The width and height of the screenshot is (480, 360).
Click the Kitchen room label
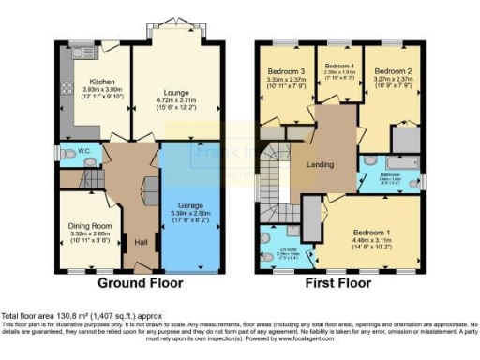click(95, 81)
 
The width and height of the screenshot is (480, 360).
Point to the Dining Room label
click(88, 225)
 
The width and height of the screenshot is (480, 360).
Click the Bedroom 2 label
click(393, 70)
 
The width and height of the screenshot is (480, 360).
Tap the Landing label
click(322, 163)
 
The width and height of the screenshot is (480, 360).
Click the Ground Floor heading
click(137, 282)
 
